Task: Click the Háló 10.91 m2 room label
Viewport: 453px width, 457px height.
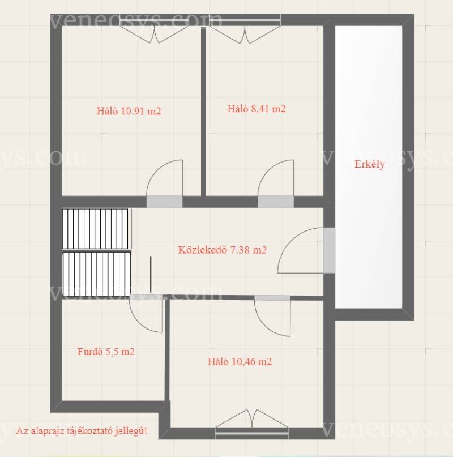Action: click(x=129, y=111)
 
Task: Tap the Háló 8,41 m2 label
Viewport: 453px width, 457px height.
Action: click(x=257, y=108)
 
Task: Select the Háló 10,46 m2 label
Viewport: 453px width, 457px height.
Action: click(x=240, y=362)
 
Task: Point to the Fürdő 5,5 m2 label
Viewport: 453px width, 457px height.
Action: click(x=106, y=352)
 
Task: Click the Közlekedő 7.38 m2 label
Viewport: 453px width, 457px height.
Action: click(x=222, y=250)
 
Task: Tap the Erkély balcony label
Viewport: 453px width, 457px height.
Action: click(x=370, y=164)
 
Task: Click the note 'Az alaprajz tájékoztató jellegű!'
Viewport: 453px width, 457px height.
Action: click(x=82, y=431)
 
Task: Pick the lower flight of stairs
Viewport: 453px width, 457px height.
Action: click(x=96, y=274)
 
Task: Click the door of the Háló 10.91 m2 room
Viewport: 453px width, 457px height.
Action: click(x=164, y=183)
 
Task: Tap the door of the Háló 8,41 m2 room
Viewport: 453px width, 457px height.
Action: click(x=276, y=183)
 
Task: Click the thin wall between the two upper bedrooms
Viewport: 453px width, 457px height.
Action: click(x=203, y=111)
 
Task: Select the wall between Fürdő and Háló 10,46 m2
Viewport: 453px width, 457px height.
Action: click(x=167, y=350)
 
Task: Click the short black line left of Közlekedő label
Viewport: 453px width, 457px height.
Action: click(x=151, y=274)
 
